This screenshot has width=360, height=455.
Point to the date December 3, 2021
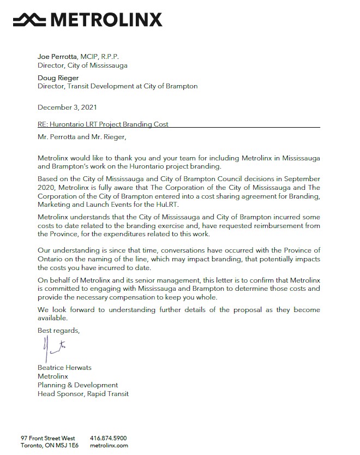tap(68, 107)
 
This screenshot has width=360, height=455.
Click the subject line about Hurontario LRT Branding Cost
tap(103, 124)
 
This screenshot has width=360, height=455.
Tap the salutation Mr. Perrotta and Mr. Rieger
tap(85, 137)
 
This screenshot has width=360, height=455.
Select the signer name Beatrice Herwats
tap(64, 368)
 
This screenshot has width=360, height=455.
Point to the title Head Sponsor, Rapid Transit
tap(83, 393)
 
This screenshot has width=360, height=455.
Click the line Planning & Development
tap(77, 385)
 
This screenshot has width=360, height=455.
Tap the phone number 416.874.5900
tap(108, 438)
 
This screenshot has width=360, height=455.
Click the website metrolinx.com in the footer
tap(109, 445)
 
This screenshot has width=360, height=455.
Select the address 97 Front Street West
tap(48, 438)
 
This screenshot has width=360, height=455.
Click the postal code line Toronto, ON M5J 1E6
tap(50, 445)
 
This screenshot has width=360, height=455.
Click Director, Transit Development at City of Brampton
tap(117, 86)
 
